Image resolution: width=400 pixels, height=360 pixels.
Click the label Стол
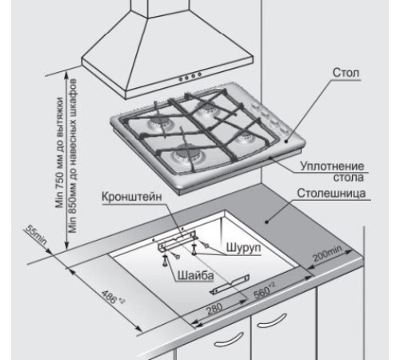(x=346, y=73)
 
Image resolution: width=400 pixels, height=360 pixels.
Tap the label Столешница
(x=331, y=193)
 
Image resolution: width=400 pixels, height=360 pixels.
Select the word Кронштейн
(x=132, y=197)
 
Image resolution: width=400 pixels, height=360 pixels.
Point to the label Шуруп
(x=243, y=248)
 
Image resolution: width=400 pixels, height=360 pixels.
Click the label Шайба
(x=196, y=275)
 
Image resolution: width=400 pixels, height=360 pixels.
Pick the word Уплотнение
(x=332, y=166)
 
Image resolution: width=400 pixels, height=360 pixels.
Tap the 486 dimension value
(x=113, y=297)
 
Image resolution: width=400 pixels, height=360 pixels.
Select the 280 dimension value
(x=214, y=309)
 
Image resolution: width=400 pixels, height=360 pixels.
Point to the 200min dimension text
(x=327, y=254)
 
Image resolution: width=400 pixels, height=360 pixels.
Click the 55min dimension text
(x=37, y=234)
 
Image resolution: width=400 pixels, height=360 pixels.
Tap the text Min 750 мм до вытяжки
(x=59, y=153)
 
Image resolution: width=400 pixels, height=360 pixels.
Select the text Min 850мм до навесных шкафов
(x=72, y=156)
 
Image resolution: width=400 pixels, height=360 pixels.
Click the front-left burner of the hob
(x=187, y=156)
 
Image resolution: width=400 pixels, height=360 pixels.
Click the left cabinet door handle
(x=230, y=339)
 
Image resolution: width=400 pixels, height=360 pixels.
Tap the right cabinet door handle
(x=272, y=320)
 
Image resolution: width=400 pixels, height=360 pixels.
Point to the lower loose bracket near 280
(x=230, y=285)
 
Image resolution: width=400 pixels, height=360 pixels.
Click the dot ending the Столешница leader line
(x=266, y=222)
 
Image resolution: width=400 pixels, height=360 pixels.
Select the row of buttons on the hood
(x=190, y=76)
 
